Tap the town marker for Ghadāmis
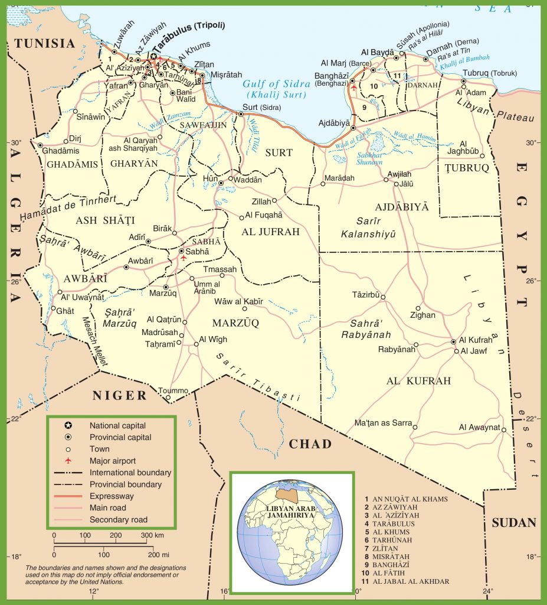click(40, 145)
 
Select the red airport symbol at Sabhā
click(184, 258)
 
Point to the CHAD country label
click(310, 444)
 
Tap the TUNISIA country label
click(45, 43)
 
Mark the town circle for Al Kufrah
click(453, 341)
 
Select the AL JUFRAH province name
click(271, 232)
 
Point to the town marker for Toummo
click(168, 398)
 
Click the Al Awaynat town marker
click(504, 430)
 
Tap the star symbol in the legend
click(68, 425)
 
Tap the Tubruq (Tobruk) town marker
click(463, 82)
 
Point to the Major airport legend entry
click(113, 460)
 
